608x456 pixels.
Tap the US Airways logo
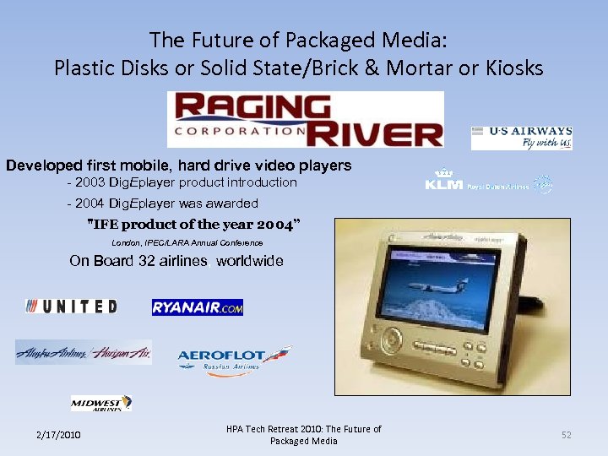tap(521, 138)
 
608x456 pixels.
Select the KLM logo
tap(488, 182)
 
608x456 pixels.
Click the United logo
tap(72, 307)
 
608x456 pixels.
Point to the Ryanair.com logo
tap(197, 307)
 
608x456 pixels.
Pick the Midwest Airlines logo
tap(101, 404)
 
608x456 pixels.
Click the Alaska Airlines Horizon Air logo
tap(84, 352)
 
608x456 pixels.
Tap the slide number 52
tap(567, 435)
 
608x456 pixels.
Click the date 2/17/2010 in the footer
tap(58, 435)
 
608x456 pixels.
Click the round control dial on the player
tap(390, 341)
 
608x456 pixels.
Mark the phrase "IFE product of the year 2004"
tap(193, 224)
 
